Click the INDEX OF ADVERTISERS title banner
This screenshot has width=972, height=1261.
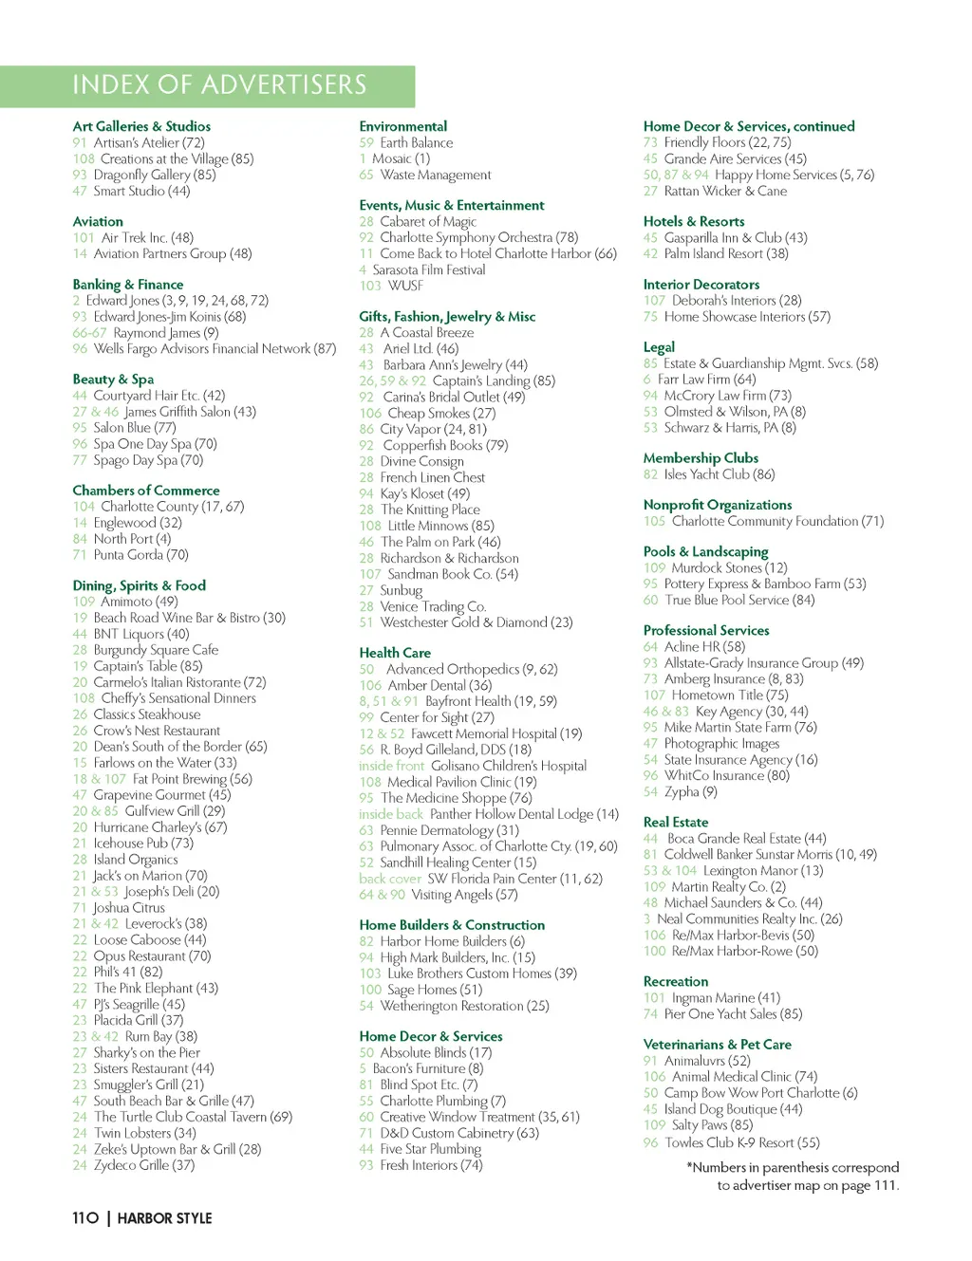coord(218,85)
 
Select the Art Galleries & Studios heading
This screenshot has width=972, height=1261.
coord(141,126)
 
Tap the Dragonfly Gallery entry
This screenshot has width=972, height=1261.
coord(155,175)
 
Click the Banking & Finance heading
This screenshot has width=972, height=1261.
coord(128,285)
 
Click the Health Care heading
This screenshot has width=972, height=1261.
coord(395,653)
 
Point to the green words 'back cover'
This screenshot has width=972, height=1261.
coord(389,879)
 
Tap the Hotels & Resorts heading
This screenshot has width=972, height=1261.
coord(694,221)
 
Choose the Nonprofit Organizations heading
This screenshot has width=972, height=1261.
coord(718,505)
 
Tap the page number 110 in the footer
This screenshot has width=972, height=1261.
coord(85,1218)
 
